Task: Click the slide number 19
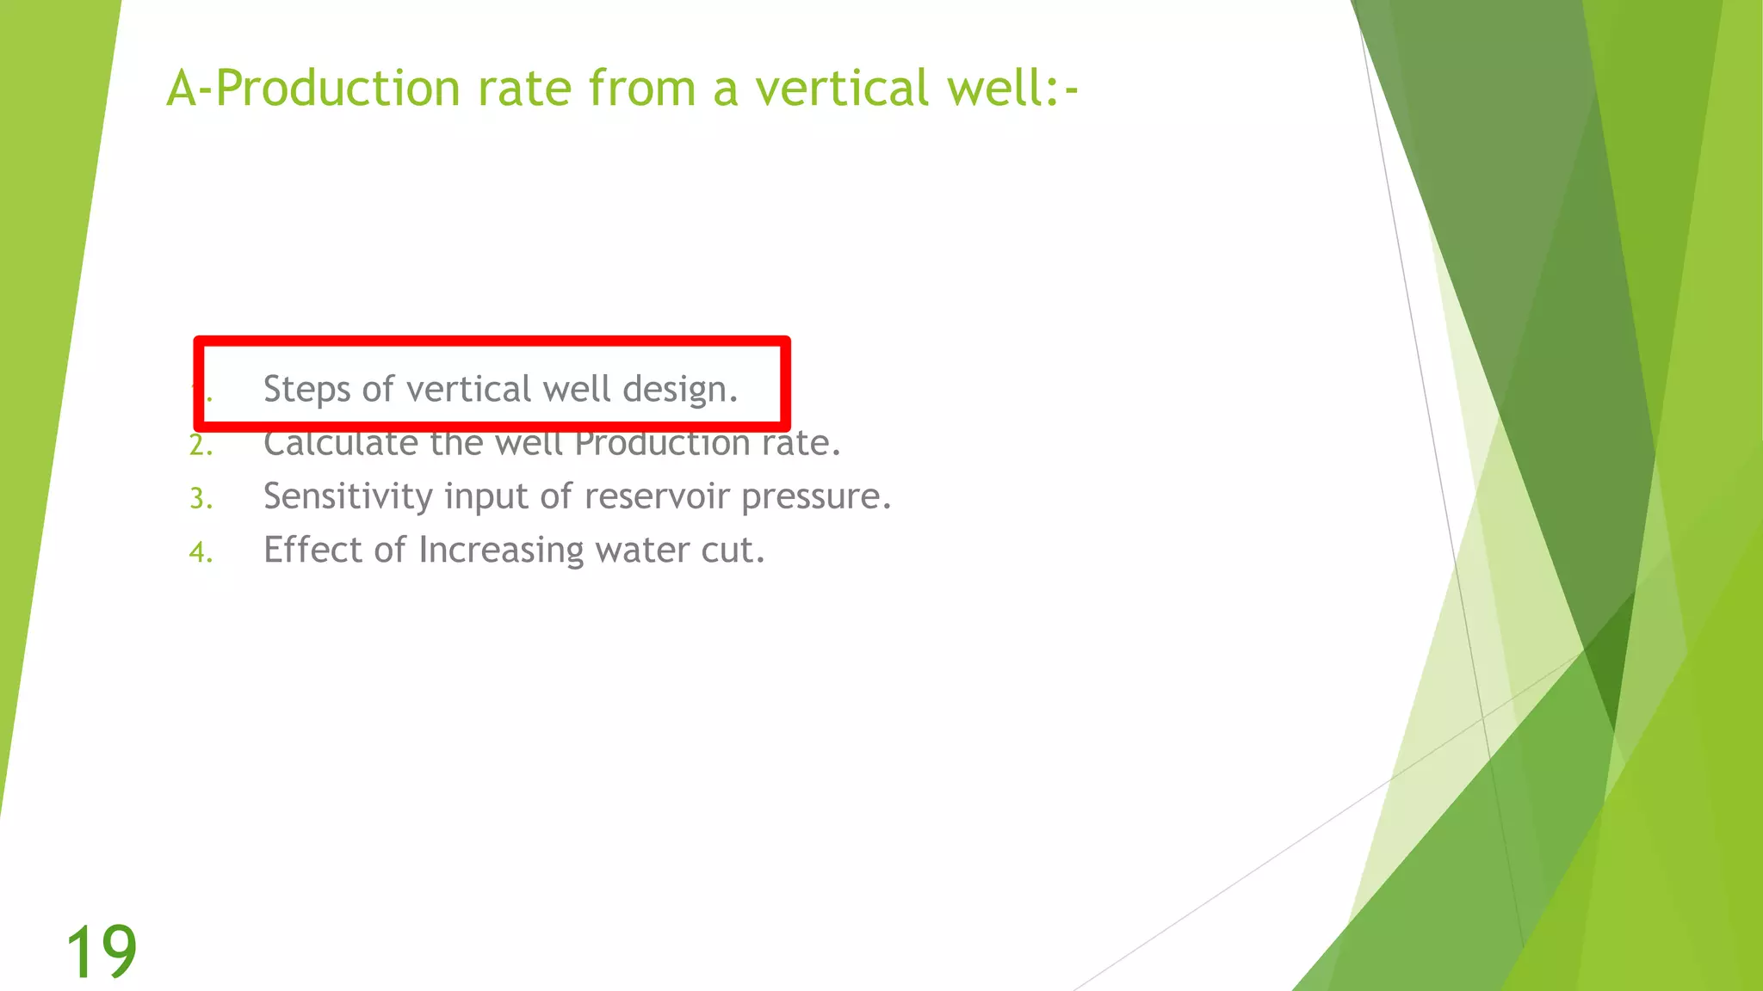pos(101,951)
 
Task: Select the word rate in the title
pos(525,89)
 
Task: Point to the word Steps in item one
pos(306,390)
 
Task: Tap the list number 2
pos(200,446)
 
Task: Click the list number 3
pos(200,499)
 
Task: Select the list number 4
pos(200,552)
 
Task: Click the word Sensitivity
pos(348,496)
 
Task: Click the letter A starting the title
pos(182,89)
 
